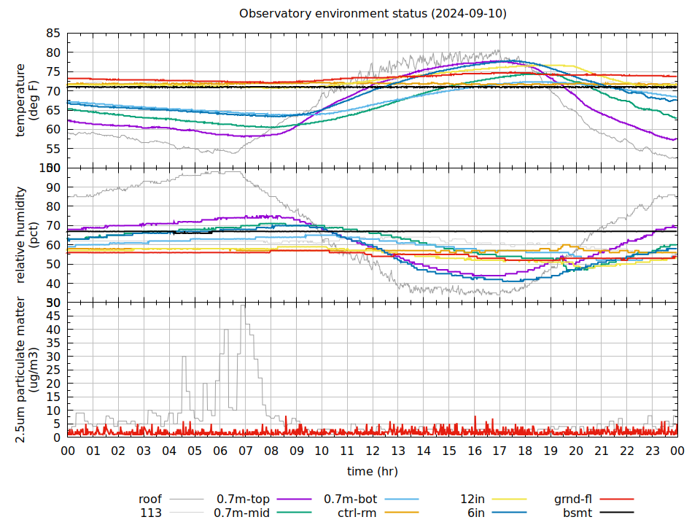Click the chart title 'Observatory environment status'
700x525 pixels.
point(373,14)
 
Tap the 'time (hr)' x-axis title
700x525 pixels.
point(372,471)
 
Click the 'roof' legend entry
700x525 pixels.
point(150,499)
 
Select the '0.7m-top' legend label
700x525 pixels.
point(243,499)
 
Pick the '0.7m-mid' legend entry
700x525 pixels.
point(241,513)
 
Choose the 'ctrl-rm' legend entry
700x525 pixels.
point(357,513)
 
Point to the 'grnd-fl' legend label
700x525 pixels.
point(572,499)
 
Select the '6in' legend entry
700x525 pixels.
point(477,513)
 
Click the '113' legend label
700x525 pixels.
point(151,513)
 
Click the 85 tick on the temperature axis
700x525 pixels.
point(52,34)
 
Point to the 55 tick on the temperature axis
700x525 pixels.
point(52,149)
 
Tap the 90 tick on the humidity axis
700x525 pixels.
point(52,187)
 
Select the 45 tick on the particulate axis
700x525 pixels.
point(52,316)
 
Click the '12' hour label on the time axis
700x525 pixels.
point(373,451)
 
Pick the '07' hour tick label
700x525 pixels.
point(246,451)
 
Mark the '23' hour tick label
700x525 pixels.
point(652,451)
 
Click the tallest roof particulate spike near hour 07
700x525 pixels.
point(243,306)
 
